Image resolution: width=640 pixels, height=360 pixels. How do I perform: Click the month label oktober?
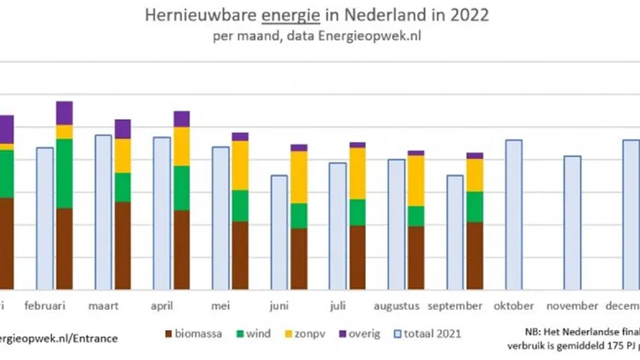(513, 306)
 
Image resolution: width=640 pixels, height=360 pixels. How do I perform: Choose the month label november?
(573, 306)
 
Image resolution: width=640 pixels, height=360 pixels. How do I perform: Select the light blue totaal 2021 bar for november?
(573, 222)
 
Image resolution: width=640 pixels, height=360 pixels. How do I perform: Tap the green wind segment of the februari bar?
(64, 174)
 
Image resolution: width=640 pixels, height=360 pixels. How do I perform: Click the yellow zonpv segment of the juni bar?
(299, 177)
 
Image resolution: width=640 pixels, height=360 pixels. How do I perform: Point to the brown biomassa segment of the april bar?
(181, 249)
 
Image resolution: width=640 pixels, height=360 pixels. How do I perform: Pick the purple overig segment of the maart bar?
(123, 129)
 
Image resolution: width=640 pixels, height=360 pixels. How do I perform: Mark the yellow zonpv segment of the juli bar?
(357, 174)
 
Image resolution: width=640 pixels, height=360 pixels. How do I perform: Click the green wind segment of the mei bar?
(240, 205)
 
